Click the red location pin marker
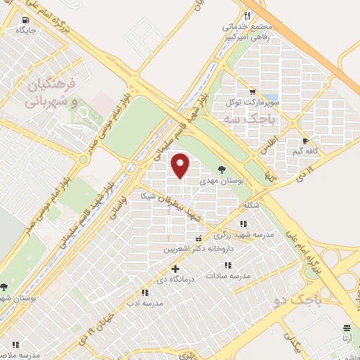click(181, 165)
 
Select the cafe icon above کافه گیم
click(304, 141)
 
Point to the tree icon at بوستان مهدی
click(222, 169)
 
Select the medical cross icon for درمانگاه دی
click(176, 269)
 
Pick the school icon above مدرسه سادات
click(226, 265)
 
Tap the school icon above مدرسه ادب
click(143, 292)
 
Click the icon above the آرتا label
click(347, 328)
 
